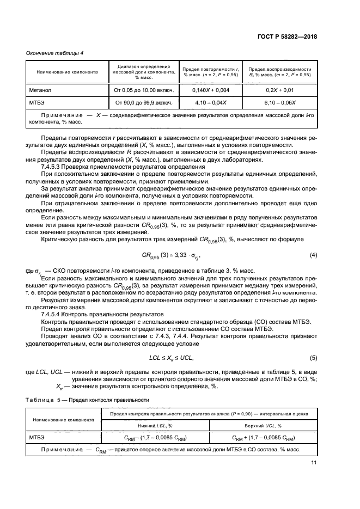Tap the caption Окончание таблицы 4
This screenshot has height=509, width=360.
pyautogui.click(x=54, y=53)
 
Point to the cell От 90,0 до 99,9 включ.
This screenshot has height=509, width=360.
pyautogui.click(x=143, y=102)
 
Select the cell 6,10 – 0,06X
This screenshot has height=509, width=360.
pyautogui.click(x=279, y=102)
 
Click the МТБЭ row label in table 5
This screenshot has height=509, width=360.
pyautogui.click(x=38, y=437)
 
